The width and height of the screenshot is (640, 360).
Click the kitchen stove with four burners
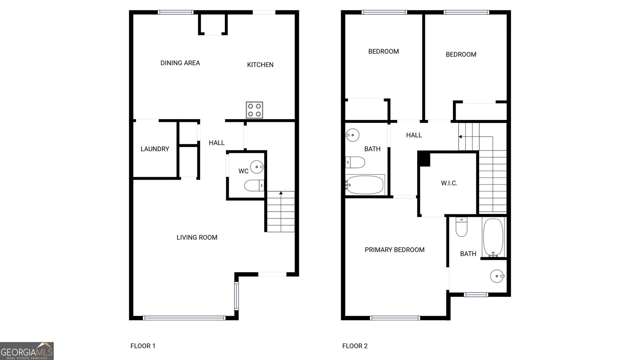[x=254, y=110]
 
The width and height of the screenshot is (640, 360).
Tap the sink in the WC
[x=257, y=167]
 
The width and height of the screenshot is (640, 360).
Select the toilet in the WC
[x=254, y=186]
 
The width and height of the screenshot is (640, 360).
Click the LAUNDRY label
[x=155, y=149]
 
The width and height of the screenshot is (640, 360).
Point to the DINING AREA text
[x=180, y=63]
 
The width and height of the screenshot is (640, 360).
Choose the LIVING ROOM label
[x=197, y=238]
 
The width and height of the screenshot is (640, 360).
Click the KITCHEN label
[x=260, y=65]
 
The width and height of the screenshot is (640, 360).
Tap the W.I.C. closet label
[x=449, y=183]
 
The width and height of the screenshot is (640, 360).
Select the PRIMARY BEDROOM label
[x=394, y=250]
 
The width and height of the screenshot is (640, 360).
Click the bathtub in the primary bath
[x=493, y=237]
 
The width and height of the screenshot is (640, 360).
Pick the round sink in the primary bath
[x=497, y=276]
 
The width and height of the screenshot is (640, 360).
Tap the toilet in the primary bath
[x=461, y=227]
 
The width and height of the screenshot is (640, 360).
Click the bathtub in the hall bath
[x=364, y=185]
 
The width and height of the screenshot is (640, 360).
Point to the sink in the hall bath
[x=352, y=135]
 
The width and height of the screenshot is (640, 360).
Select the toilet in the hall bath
[x=355, y=162]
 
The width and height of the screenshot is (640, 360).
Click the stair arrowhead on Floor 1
[x=281, y=193]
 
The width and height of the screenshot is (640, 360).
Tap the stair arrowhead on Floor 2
[x=460, y=137]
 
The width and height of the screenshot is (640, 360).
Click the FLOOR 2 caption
[x=355, y=346]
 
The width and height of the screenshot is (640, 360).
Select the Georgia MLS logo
[x=27, y=351]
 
